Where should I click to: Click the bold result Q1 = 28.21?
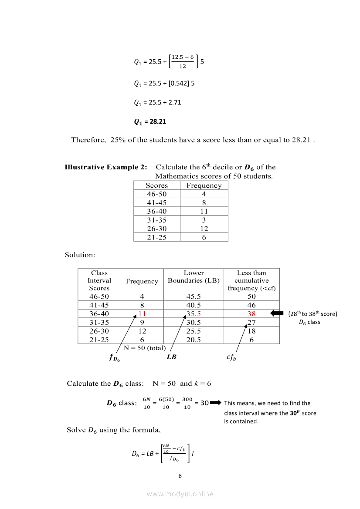[149, 121]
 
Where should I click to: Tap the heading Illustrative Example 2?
[105, 167]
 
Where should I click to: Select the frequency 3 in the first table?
[204, 220]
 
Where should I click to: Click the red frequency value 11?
[142, 314]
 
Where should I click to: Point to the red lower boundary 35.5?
[194, 314]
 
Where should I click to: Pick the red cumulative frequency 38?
[251, 314]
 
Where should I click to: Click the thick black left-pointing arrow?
[277, 313]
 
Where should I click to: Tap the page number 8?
[180, 475]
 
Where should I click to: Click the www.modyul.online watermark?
[180, 494]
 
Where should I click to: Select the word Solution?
[80, 255]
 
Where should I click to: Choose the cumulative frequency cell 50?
[251, 297]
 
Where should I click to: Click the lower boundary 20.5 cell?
[194, 340]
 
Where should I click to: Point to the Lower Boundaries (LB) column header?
[194, 277]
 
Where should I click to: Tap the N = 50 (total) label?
[145, 347]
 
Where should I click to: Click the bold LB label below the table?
[171, 357]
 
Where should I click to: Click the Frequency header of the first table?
[204, 185]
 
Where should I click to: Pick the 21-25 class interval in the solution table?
[99, 340]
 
